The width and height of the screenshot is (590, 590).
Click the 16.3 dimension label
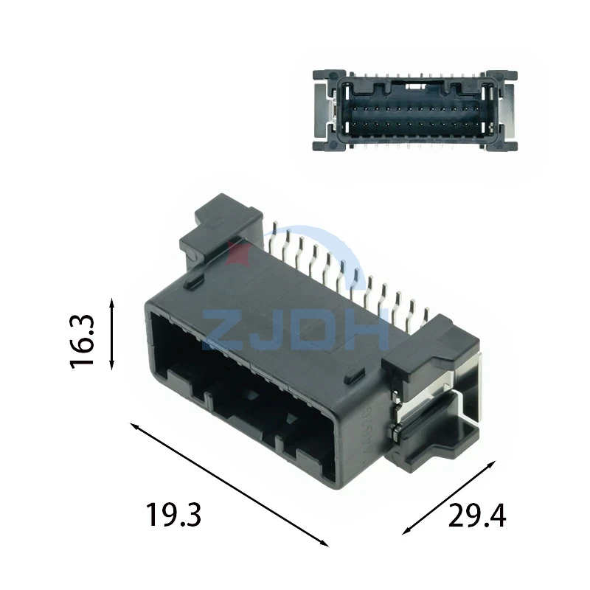click(x=82, y=341)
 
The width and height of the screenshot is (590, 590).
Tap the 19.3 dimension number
click(x=173, y=515)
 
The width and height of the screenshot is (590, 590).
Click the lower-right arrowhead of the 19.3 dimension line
click(x=324, y=543)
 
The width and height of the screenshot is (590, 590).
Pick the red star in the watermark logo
click(x=237, y=254)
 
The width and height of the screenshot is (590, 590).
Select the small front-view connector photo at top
click(x=415, y=111)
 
